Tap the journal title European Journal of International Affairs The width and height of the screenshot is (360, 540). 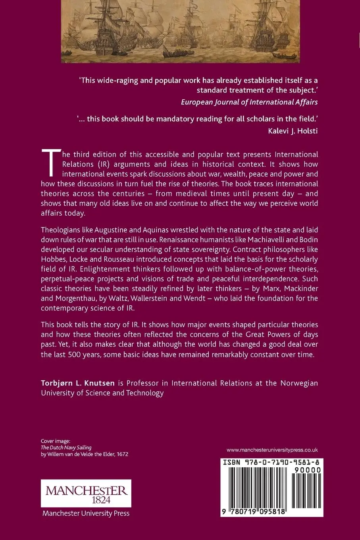click(249, 102)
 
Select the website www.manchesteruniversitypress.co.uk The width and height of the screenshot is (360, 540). click(272, 450)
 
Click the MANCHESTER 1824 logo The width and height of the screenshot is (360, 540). click(86, 493)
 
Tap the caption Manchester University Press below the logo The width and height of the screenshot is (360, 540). click(86, 513)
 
